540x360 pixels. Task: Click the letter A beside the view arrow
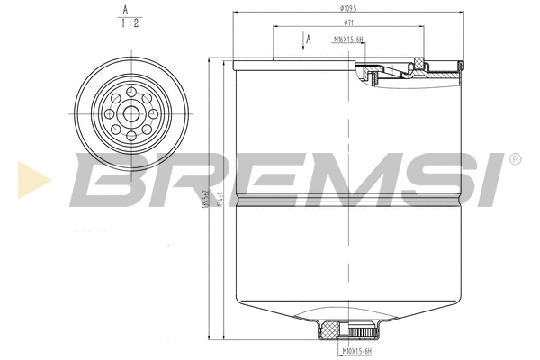point(309,40)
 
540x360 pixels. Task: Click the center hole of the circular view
point(132,114)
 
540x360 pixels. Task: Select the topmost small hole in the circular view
point(132,93)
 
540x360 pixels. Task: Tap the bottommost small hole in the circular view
point(132,136)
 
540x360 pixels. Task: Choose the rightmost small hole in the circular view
point(154,114)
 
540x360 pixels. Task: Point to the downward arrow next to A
point(301,41)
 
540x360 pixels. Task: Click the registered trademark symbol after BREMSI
point(515,159)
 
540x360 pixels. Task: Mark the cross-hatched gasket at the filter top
point(417,62)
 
